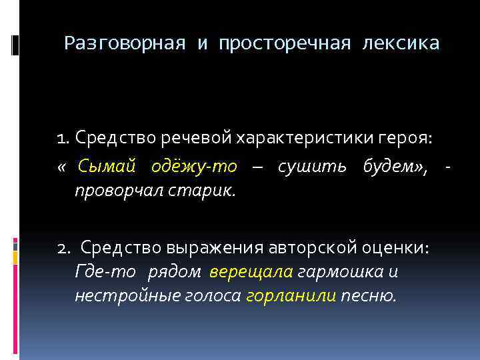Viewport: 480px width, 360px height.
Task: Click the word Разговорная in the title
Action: click(x=125, y=44)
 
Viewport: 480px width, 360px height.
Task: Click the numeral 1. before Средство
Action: click(x=64, y=138)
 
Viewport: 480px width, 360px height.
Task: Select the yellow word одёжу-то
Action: click(x=195, y=166)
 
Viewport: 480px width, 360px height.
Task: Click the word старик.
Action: click(x=199, y=191)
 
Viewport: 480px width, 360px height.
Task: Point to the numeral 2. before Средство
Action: click(x=65, y=248)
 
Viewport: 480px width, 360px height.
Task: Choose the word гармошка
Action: click(x=341, y=272)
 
